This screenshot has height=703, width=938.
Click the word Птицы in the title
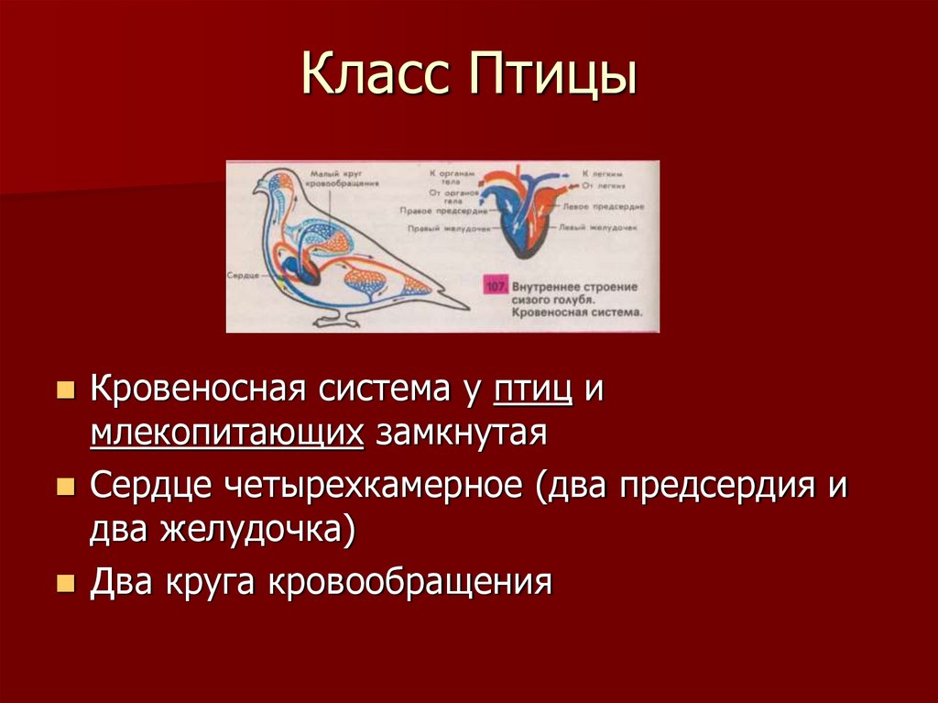pyautogui.click(x=552, y=77)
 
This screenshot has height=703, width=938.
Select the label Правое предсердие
pyautogui.click(x=434, y=209)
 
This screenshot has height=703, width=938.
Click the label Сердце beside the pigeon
pyautogui.click(x=242, y=276)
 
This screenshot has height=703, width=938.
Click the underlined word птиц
pyautogui.click(x=533, y=390)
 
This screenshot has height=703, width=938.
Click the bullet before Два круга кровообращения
pyautogui.click(x=65, y=583)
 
